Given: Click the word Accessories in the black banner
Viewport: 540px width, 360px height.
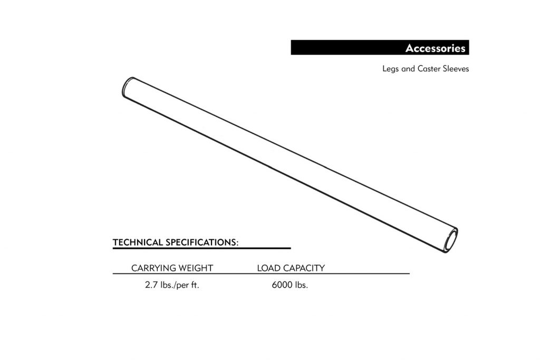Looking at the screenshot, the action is point(435,48).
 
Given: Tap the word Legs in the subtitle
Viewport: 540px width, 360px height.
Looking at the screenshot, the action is point(391,69).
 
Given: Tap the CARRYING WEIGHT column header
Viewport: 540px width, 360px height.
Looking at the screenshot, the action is point(172,268).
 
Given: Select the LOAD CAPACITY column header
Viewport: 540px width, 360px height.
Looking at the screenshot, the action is point(291,268).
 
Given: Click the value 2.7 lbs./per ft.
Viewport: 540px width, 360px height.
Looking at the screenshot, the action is point(172,285).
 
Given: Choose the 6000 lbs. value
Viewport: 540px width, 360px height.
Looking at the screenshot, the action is point(290,285).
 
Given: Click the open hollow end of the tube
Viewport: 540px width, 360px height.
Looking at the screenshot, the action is point(451,240).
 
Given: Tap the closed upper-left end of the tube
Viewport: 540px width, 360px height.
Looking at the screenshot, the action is point(128,86).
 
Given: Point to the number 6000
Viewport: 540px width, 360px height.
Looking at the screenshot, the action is point(282,285).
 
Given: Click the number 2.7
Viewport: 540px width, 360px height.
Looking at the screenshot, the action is point(151,285).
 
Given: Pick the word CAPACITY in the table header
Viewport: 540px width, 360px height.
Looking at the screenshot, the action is point(304,268).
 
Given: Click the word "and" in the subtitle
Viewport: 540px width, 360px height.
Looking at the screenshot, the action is point(408,69).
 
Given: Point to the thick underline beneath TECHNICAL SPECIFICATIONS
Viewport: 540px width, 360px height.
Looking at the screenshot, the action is point(202,248).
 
